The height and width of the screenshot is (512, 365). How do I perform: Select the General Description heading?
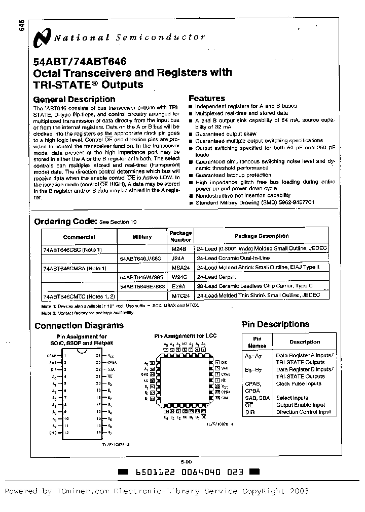pyautogui.click(x=75, y=99)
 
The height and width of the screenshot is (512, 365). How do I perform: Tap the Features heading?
pyautogui.click(x=207, y=98)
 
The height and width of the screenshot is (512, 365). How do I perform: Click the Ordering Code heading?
pyautogui.click(x=65, y=221)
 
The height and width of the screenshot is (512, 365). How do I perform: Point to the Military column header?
pyautogui.click(x=142, y=236)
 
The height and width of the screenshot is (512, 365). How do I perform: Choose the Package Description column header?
pyautogui.click(x=262, y=236)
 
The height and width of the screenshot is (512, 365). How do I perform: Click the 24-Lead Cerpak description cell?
pyautogui.click(x=216, y=277)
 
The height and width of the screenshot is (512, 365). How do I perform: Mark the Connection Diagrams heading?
pyautogui.click(x=79, y=325)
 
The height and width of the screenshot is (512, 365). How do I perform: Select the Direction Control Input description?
pyautogui.click(x=303, y=412)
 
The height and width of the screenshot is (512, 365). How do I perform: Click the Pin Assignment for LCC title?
pyautogui.click(x=182, y=335)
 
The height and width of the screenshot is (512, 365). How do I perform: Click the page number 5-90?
pyautogui.click(x=186, y=461)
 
